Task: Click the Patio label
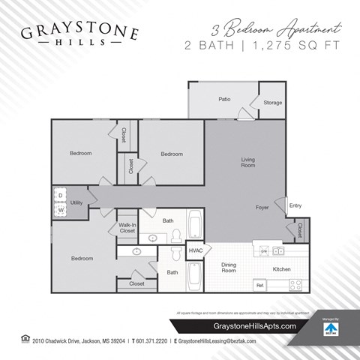223,98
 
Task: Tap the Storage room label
272,103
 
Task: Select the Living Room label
248,162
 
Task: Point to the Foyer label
262,207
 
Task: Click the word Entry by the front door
295,205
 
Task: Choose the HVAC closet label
196,250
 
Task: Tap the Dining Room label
228,268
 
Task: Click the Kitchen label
281,268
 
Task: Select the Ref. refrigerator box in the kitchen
260,286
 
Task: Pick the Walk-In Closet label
127,228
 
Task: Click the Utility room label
76,202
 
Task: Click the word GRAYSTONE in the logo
79,32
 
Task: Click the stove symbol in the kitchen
295,285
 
